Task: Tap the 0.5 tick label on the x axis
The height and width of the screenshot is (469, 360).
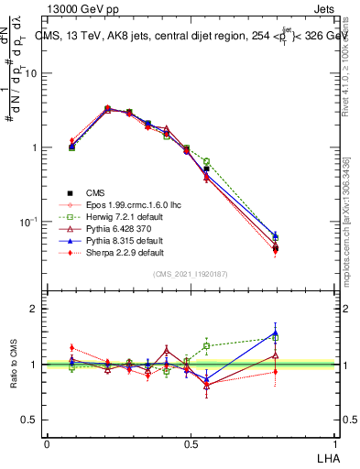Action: pos(191,443)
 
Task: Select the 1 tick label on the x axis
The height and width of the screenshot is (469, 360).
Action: pos(335,443)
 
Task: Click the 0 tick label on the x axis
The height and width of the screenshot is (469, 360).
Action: pos(47,443)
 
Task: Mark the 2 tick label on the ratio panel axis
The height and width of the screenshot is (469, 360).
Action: pos(35,309)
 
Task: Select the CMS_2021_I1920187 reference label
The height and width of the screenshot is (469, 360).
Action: pos(191,274)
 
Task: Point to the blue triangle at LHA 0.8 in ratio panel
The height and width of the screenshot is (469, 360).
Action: pos(276,333)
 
